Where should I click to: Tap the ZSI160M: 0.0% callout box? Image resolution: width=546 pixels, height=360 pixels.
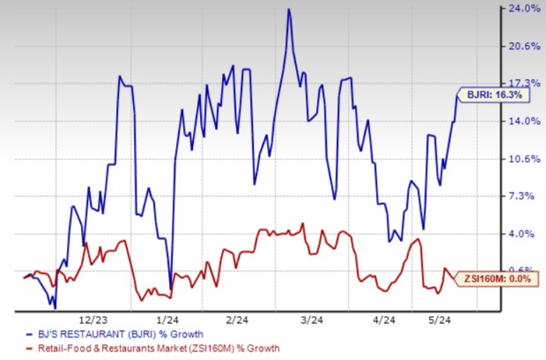(498, 278)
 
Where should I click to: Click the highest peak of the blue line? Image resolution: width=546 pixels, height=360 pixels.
(288, 9)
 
